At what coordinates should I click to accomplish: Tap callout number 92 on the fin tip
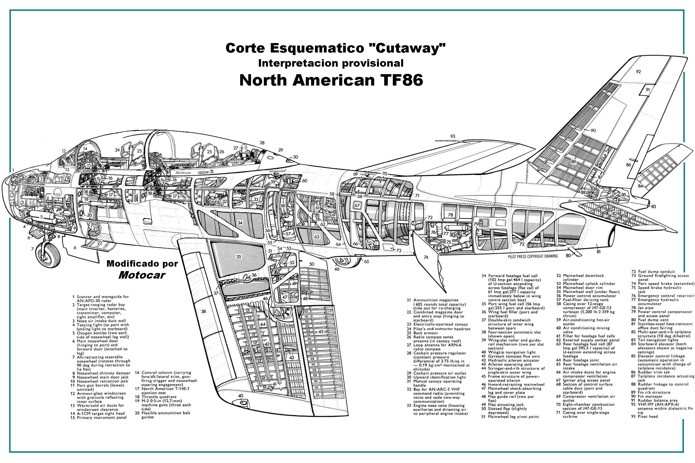[x=638, y=72]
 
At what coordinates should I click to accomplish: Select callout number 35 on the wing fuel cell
[x=239, y=257]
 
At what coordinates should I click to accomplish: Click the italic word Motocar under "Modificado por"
[x=142, y=275]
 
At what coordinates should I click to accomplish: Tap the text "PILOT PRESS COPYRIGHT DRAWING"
[x=533, y=256]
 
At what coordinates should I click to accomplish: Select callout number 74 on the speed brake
[x=426, y=257]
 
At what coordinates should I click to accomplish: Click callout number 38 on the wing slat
[x=203, y=311]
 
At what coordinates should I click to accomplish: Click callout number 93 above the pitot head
[x=452, y=136]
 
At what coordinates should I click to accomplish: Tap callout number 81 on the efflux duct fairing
[x=598, y=252]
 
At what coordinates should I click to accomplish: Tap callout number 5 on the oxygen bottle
[x=41, y=217]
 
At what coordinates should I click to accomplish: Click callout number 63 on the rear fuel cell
[x=317, y=237]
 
